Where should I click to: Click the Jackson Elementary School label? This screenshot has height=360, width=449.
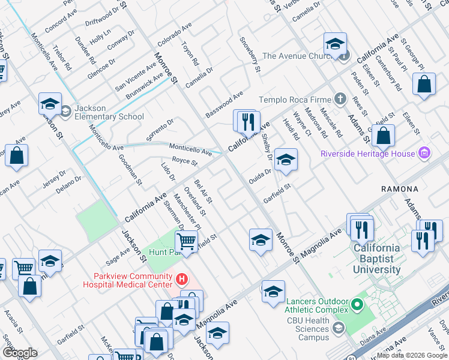[x=109, y=112]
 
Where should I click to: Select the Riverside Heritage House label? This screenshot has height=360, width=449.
[x=367, y=154]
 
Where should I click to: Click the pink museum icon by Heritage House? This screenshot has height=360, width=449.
[x=424, y=154]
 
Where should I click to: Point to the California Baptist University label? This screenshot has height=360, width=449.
[x=376, y=259]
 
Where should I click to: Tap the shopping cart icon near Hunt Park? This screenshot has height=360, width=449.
[x=187, y=242]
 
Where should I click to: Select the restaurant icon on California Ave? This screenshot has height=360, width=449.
[x=247, y=122]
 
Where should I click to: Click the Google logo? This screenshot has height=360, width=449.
[x=20, y=353]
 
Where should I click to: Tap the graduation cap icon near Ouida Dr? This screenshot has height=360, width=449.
[x=286, y=160]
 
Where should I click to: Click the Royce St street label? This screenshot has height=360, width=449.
[x=184, y=161]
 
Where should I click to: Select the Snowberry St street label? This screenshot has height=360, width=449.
[x=250, y=55]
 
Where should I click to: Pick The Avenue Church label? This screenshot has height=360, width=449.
[x=297, y=56]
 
